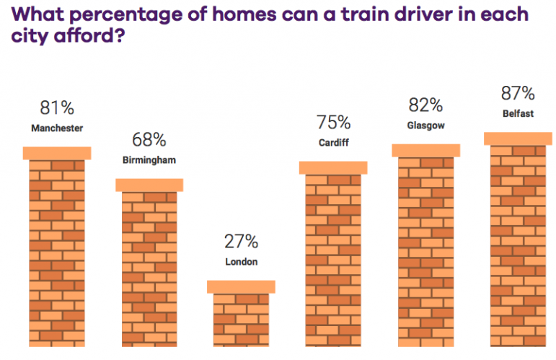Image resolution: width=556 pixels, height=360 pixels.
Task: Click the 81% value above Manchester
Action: click(x=57, y=108)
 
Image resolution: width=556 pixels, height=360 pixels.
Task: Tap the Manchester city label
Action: click(x=57, y=128)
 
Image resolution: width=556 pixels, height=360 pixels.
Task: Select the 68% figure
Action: click(x=149, y=140)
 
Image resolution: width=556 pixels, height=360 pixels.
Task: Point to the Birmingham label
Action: click(x=149, y=160)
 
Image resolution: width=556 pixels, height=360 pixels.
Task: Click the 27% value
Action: click(x=241, y=242)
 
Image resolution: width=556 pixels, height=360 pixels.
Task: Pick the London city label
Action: click(x=241, y=262)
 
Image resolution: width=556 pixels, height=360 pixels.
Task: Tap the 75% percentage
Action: click(x=333, y=123)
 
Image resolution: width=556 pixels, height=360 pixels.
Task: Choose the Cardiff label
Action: click(x=333, y=143)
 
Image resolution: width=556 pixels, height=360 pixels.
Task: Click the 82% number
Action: click(x=425, y=105)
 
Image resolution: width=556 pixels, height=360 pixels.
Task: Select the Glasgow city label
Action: click(x=425, y=126)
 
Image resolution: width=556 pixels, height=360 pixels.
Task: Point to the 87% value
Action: click(x=518, y=93)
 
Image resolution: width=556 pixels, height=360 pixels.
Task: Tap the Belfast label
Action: click(x=518, y=113)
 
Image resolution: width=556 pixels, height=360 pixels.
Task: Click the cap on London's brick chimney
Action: click(x=241, y=286)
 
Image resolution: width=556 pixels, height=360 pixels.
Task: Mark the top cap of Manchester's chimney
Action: click(x=57, y=153)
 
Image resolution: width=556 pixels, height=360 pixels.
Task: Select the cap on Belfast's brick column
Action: click(x=518, y=139)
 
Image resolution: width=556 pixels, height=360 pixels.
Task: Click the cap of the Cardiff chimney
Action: click(x=333, y=167)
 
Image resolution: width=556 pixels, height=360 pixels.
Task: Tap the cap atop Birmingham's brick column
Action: click(x=149, y=185)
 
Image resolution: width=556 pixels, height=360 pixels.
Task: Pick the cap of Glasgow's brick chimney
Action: click(x=425, y=150)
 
